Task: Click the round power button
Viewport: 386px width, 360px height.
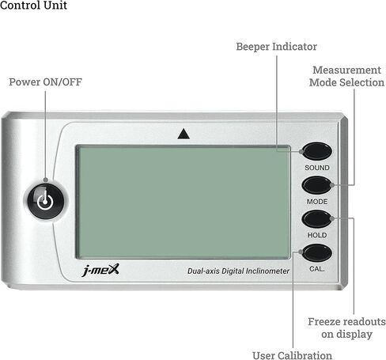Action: coord(46,202)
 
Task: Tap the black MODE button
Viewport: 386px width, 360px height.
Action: coord(316,185)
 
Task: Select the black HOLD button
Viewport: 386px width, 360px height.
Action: coord(316,219)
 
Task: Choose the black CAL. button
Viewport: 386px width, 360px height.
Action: coord(316,252)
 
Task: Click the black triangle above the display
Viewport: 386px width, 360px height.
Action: coord(184,134)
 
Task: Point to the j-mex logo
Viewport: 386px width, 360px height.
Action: coord(100,270)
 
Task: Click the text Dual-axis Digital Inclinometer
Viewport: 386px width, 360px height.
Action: coord(238,271)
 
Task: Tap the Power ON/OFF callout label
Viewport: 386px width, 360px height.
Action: coord(45,82)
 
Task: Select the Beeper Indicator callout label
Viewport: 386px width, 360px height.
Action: coord(276,47)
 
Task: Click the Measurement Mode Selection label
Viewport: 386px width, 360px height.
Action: coord(346,76)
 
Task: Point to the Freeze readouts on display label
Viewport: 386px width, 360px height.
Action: coord(346,328)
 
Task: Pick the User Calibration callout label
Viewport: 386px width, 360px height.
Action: coord(292,355)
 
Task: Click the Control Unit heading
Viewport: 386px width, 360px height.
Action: coord(33,5)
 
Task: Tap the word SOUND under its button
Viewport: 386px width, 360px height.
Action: coord(317,168)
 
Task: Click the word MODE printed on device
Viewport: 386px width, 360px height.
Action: coord(317,202)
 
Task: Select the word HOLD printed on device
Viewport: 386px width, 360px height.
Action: coord(317,235)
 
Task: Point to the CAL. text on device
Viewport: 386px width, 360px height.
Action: coord(316,269)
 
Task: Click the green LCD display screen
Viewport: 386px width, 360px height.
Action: coord(184,202)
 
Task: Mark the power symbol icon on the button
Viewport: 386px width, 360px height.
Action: coord(45,201)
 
